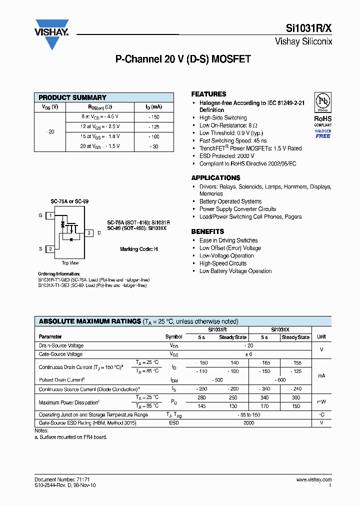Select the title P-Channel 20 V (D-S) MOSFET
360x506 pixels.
[x=183, y=59]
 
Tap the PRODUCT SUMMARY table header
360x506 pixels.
[x=72, y=97]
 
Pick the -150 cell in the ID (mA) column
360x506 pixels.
[x=154, y=116]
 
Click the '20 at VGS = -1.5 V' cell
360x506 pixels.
[x=100, y=146]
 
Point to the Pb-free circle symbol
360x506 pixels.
[x=322, y=102]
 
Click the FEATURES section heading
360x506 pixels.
[x=208, y=94]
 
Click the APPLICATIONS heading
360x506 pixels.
[x=215, y=178]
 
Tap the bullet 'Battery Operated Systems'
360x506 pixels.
[x=230, y=201]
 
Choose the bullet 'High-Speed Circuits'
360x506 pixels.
[x=223, y=263]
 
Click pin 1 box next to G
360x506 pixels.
[x=50, y=215]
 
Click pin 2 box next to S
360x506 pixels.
[x=50, y=249]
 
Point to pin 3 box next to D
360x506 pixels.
[x=88, y=233]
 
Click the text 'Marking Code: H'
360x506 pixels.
[x=138, y=249]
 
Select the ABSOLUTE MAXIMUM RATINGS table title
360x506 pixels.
[x=89, y=321]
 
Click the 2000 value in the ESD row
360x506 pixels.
[x=248, y=423]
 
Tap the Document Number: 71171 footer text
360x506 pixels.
[x=62, y=479]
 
